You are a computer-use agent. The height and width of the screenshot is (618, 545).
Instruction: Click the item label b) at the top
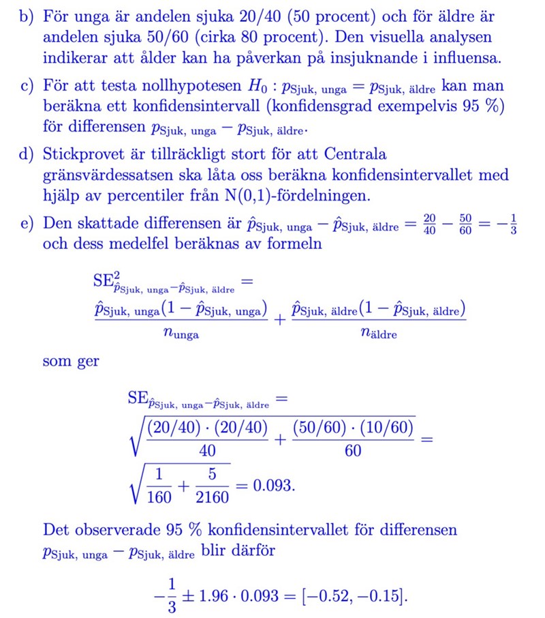click(x=27, y=16)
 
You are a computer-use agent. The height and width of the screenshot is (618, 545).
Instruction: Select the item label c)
click(x=27, y=87)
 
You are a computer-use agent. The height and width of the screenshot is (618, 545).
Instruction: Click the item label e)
click(x=27, y=223)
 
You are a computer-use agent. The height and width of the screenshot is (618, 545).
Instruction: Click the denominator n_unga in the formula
click(x=181, y=334)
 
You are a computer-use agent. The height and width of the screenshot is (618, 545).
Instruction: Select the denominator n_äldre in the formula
click(x=378, y=334)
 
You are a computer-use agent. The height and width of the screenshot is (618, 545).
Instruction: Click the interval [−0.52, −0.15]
click(x=355, y=595)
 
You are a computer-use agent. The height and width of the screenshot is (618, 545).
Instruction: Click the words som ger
click(x=70, y=362)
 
